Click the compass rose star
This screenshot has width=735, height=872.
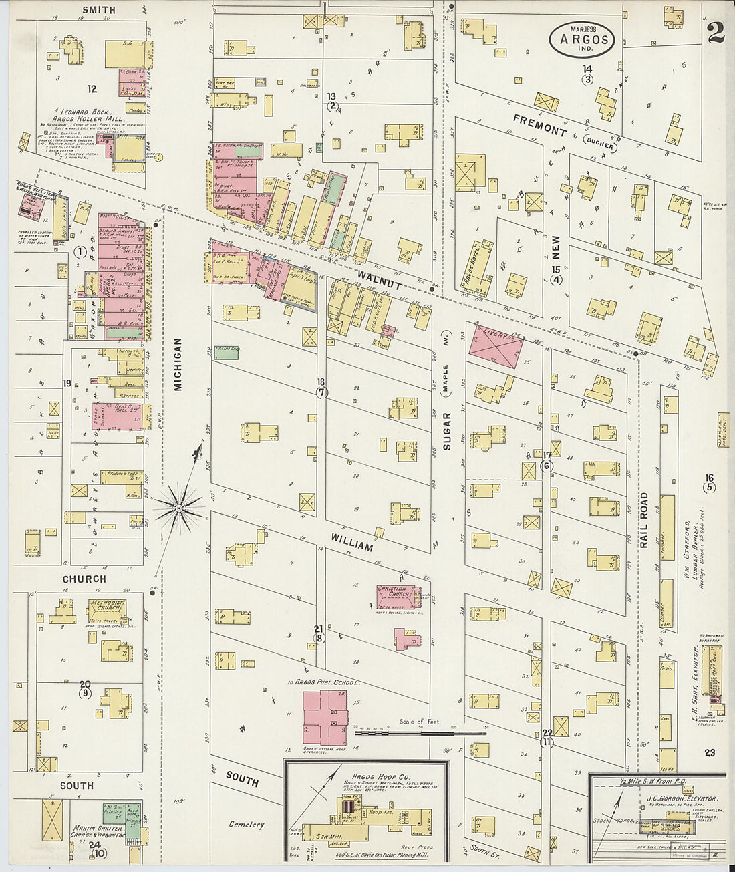point(178,509)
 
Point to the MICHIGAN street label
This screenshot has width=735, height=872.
point(178,364)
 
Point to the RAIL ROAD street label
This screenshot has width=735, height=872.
point(644,521)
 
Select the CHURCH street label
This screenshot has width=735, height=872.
point(84,579)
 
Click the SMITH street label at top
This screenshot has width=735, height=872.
point(98,10)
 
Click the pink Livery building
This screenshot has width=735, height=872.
point(494,345)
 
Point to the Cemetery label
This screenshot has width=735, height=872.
point(247,825)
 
